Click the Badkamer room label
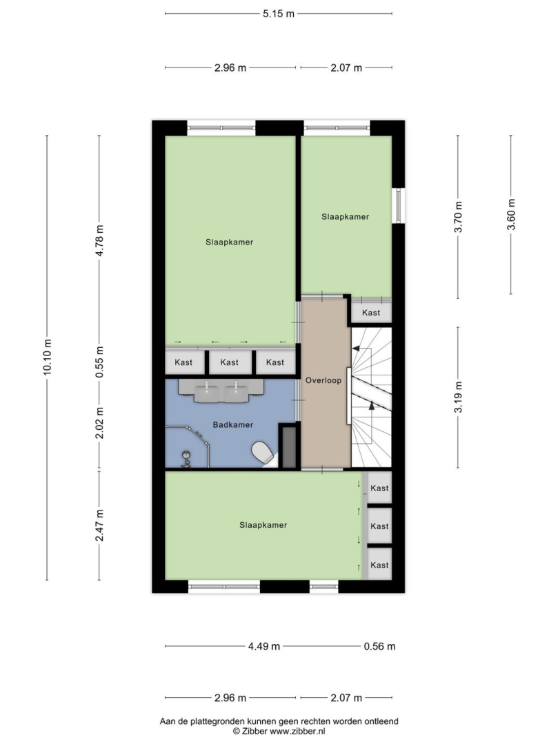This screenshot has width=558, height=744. pyautogui.click(x=232, y=424)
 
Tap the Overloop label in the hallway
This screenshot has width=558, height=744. pyautogui.click(x=323, y=380)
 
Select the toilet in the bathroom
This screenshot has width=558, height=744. pyautogui.click(x=263, y=453)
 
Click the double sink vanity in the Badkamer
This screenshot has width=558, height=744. pyautogui.click(x=221, y=391)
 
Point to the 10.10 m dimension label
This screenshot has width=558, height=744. pyautogui.click(x=46, y=358)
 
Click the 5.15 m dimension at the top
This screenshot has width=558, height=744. pyautogui.click(x=279, y=14)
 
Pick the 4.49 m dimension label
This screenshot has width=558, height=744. pyautogui.click(x=264, y=646)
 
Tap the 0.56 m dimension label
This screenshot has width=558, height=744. pyautogui.click(x=379, y=646)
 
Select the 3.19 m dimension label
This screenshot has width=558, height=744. pyautogui.click(x=458, y=397)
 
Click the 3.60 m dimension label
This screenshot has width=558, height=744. pyautogui.click(x=511, y=214)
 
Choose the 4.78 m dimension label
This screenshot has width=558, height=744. pyautogui.click(x=99, y=240)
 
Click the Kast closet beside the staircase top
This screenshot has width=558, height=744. pyautogui.click(x=371, y=313)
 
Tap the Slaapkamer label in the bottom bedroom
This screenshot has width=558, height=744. pyautogui.click(x=263, y=525)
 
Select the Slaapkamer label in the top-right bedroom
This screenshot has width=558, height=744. pyautogui.click(x=346, y=217)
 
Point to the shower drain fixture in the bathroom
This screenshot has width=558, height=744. pyautogui.click(x=186, y=459)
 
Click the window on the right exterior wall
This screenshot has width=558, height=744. pyautogui.click(x=399, y=205)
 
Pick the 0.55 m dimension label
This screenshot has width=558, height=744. pyautogui.click(x=99, y=362)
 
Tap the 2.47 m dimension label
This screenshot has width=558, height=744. pyautogui.click(x=99, y=525)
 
